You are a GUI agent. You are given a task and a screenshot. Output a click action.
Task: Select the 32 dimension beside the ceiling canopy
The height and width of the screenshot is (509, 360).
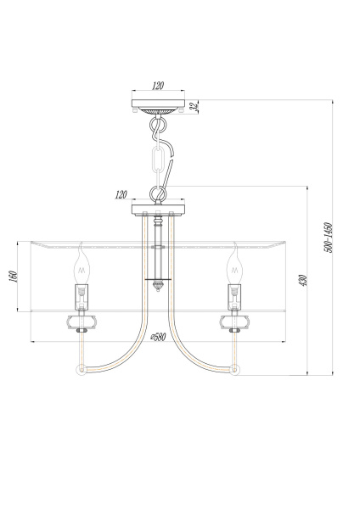193,106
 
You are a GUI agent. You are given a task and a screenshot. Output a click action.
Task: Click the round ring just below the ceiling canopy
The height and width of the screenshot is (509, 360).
158,128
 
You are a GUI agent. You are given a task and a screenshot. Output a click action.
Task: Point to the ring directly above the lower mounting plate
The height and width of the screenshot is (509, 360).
158,192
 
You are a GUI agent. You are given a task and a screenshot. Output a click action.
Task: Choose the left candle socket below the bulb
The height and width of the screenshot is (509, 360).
82,297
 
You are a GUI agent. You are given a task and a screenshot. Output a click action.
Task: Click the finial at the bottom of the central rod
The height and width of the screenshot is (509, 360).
158,288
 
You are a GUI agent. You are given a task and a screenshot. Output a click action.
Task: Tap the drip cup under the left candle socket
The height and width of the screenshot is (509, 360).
82,321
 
